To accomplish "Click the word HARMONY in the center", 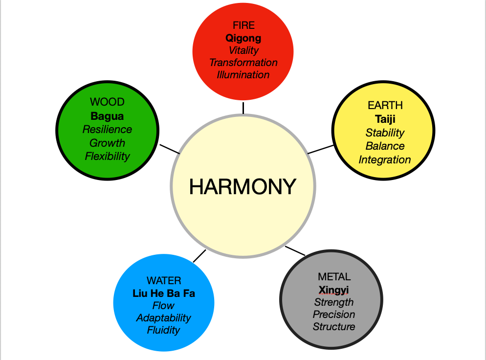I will pyautogui.click(x=243, y=186).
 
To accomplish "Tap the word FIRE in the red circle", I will pyautogui.click(x=243, y=26).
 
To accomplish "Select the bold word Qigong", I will pyautogui.click(x=243, y=38).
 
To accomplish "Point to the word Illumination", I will pyautogui.click(x=243, y=75).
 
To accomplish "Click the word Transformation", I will pyautogui.click(x=243, y=63).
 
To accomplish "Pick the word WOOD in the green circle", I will pyautogui.click(x=107, y=102).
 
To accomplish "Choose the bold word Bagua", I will pyautogui.click(x=107, y=116).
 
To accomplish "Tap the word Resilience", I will pyautogui.click(x=107, y=130).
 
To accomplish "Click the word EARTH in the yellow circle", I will pyautogui.click(x=385, y=105).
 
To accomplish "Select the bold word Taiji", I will pyautogui.click(x=385, y=119).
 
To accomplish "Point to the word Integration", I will pyautogui.click(x=385, y=160).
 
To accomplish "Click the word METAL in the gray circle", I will pyautogui.click(x=334, y=277).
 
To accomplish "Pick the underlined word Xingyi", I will pyautogui.click(x=334, y=290).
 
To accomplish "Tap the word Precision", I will pyautogui.click(x=334, y=315).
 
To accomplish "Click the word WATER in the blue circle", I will pyautogui.click(x=164, y=281).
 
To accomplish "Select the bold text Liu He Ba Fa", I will pyautogui.click(x=164, y=293).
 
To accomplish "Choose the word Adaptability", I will pyautogui.click(x=164, y=318).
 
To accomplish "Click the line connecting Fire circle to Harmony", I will pyautogui.click(x=243, y=108).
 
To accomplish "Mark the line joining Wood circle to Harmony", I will pyautogui.click(x=170, y=149).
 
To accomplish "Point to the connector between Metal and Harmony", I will pyautogui.click(x=295, y=251).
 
